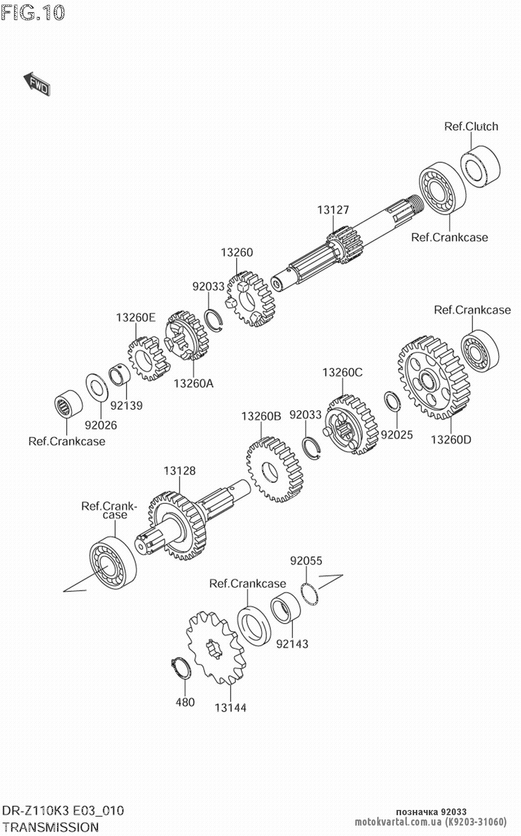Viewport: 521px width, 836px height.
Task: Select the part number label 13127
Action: point(333,210)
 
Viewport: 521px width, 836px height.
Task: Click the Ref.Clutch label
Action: point(471,126)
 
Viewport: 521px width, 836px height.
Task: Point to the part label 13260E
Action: point(135,317)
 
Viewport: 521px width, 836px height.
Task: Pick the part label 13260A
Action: point(193,384)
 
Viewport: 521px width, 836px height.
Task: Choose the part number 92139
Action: point(126,405)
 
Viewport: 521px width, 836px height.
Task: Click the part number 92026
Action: point(101,425)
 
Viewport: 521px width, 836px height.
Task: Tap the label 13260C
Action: point(342,373)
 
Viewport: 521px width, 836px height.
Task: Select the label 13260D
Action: point(451,439)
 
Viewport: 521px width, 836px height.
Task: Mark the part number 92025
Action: point(396,435)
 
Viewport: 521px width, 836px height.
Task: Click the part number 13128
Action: point(179,471)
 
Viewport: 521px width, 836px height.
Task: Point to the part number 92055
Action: point(306,561)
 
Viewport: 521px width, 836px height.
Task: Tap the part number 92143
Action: point(292,644)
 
